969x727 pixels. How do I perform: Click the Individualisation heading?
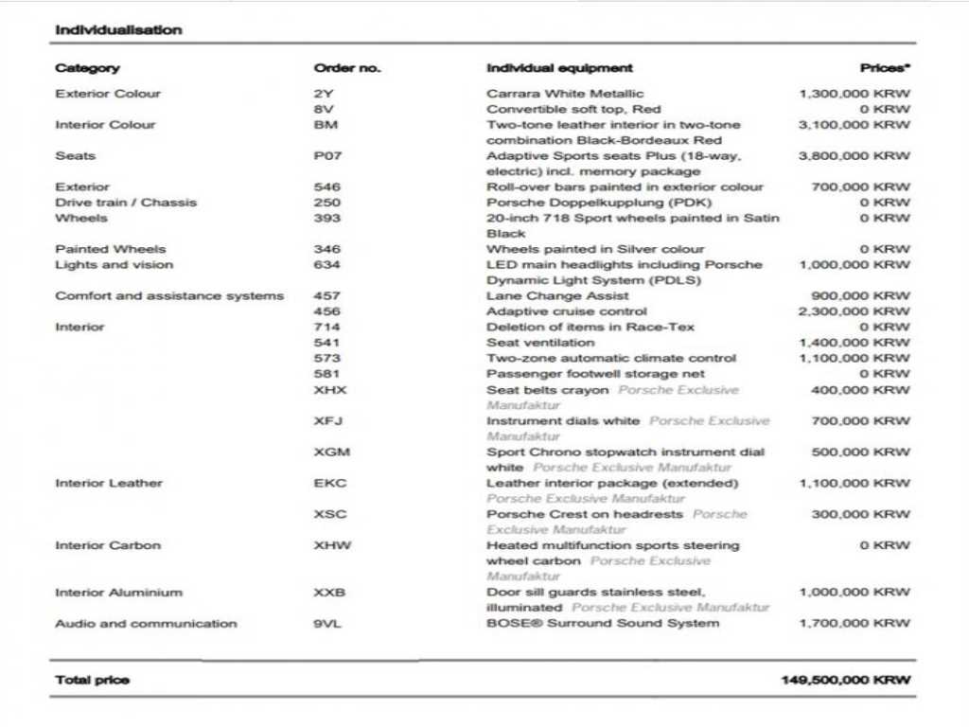tap(118, 30)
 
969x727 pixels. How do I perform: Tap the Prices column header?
tap(885, 68)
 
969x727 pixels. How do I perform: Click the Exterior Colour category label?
tap(108, 94)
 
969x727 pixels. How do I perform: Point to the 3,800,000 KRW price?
tap(854, 156)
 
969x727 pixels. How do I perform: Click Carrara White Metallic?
tap(565, 94)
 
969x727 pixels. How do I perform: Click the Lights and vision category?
tap(114, 265)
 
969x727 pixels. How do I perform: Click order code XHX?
tap(330, 390)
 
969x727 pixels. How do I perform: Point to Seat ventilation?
tap(540, 343)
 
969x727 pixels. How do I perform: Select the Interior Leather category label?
tap(109, 484)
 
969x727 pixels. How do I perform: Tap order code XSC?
tap(330, 515)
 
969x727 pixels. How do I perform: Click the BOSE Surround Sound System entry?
tap(603, 624)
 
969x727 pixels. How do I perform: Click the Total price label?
tap(92, 681)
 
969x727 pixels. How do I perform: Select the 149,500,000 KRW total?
tap(846, 681)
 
